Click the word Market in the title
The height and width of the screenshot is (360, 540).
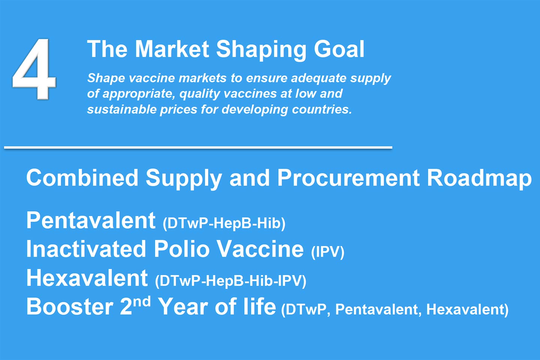click(x=172, y=49)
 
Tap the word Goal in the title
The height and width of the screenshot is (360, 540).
click(x=339, y=49)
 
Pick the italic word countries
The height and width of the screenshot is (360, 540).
click(x=322, y=109)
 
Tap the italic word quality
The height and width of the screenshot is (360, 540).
click(x=199, y=94)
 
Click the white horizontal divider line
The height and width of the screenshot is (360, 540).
click(x=198, y=147)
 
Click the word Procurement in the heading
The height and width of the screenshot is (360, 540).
click(x=348, y=178)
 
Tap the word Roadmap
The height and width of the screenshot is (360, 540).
click(x=479, y=178)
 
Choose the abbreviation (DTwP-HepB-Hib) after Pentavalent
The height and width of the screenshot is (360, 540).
click(x=224, y=223)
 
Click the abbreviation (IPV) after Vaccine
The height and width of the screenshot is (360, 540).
click(x=328, y=252)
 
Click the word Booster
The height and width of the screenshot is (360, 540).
click(x=70, y=306)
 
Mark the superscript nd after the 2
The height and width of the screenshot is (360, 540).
click(x=142, y=301)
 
